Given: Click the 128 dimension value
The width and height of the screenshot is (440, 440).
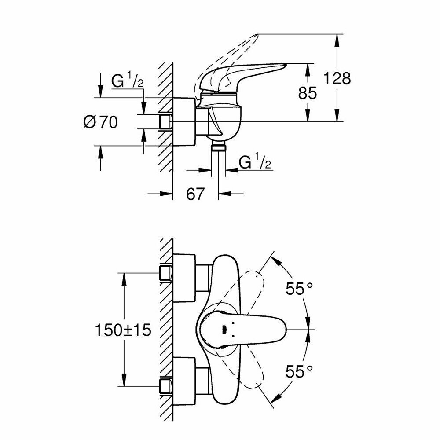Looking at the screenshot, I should (x=337, y=78).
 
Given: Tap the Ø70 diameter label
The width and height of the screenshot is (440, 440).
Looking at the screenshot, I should (x=101, y=122).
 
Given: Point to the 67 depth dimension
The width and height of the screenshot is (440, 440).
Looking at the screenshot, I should (x=196, y=194).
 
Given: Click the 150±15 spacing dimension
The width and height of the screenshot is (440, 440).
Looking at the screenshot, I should (x=123, y=330).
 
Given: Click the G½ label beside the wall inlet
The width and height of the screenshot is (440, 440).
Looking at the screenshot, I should (x=127, y=82).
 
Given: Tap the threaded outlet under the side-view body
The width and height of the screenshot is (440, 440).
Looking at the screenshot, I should (x=218, y=147).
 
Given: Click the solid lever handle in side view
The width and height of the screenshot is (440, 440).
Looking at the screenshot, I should (x=246, y=73).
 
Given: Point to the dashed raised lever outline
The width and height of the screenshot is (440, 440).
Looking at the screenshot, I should (x=233, y=48).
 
